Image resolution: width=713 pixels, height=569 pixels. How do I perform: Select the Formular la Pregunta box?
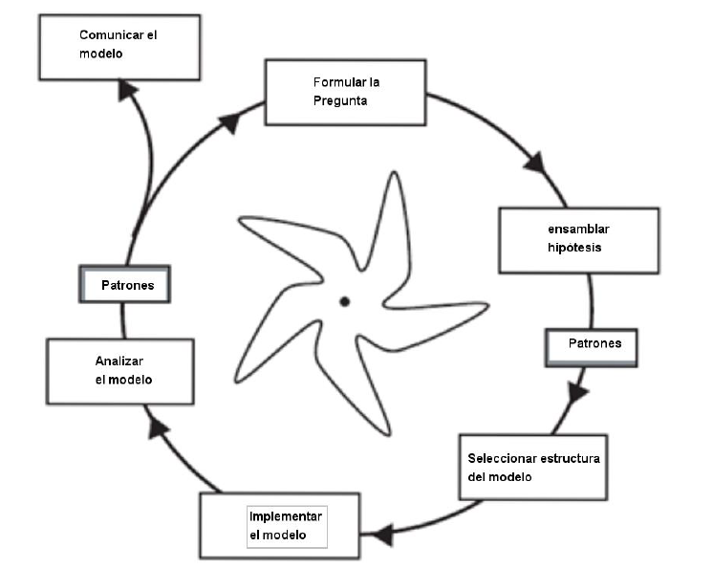click(344, 92)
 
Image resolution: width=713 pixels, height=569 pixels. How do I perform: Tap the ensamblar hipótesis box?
click(578, 239)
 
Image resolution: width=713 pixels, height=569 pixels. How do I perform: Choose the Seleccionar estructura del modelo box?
click(531, 467)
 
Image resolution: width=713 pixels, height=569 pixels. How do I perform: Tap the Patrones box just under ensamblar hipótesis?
click(590, 346)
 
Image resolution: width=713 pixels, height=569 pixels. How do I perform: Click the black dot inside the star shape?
click(344, 302)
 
